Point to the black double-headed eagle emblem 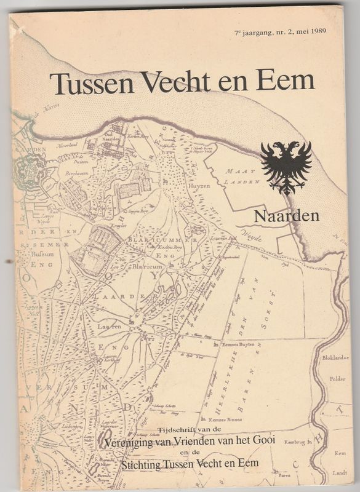click(x=286, y=166)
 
